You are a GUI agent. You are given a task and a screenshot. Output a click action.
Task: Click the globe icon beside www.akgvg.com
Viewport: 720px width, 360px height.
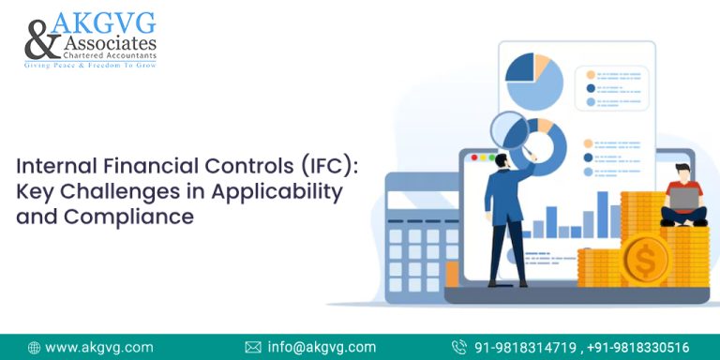pos(35,347)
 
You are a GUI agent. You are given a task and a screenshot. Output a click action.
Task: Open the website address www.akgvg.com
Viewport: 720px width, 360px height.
pos(99,347)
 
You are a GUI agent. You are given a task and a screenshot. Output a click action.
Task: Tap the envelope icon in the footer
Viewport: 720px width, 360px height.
pos(253,347)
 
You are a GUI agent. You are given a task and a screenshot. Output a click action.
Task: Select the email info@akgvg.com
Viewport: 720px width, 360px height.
pos(322,347)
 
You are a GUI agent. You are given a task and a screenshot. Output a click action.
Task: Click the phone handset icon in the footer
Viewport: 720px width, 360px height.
pos(459,347)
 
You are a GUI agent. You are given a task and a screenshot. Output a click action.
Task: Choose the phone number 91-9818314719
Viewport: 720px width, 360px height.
pos(526,347)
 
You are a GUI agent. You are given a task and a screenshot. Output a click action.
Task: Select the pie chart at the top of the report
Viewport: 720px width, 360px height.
pos(534,81)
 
